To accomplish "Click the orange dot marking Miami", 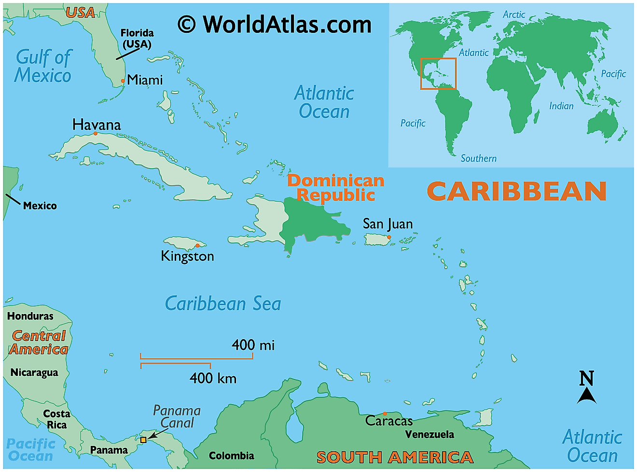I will (123, 81).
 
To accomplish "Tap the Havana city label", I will (97, 125).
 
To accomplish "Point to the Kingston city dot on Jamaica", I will (197, 245).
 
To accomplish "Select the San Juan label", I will (388, 224).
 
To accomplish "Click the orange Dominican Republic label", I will (336, 187).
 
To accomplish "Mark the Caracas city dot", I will (385, 414).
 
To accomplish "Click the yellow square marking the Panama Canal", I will (143, 440).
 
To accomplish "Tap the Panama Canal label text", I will (177, 416).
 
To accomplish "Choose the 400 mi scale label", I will (253, 345).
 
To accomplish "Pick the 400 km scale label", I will (213, 378).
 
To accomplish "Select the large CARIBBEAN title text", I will (516, 191).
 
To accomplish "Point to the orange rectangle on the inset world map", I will (438, 74).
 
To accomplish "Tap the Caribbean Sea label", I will (223, 304).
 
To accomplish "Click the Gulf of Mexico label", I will (43, 66).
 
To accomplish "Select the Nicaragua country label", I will (34, 372).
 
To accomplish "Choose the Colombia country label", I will (231, 456).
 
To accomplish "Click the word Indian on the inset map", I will (561, 106).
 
